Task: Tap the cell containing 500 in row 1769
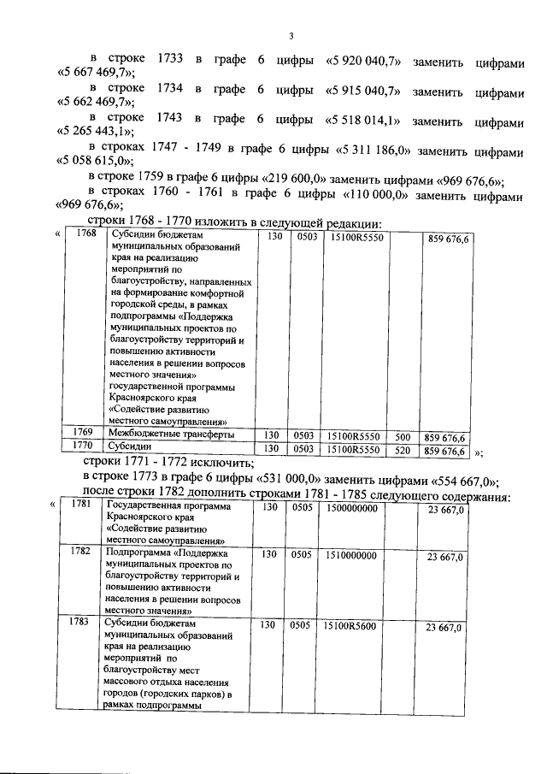click(x=403, y=435)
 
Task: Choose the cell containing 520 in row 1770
click(x=403, y=449)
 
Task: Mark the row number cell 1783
click(x=80, y=623)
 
